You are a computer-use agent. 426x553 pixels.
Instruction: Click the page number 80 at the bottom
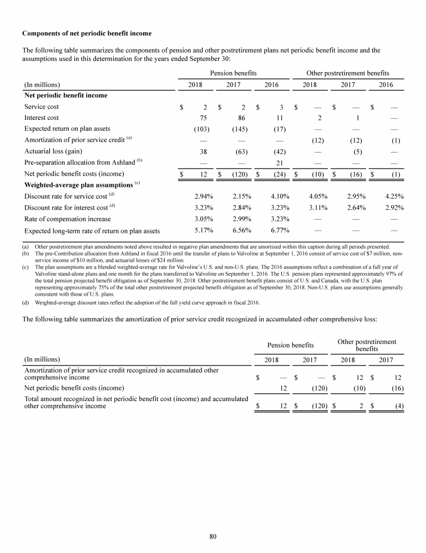pyautogui.click(x=213, y=536)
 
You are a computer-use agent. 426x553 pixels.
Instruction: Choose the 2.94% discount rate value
pyautogui.click(x=201, y=196)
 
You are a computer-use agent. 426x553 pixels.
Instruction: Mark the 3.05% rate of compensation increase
pyautogui.click(x=201, y=219)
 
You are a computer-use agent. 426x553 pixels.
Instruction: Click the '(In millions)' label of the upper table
pyautogui.click(x=42, y=85)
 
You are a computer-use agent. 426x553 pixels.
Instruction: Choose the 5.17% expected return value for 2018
pyautogui.click(x=201, y=230)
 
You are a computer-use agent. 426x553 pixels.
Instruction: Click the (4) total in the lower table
pyautogui.click(x=398, y=405)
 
